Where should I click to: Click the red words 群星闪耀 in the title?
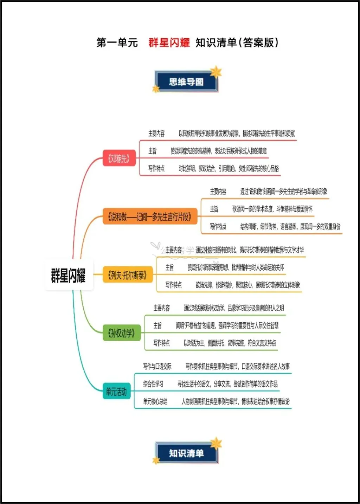(169, 43)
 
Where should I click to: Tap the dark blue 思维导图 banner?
(186, 82)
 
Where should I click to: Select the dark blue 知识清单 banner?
(186, 453)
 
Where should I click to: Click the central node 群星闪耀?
(69, 275)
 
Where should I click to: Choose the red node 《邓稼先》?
(119, 159)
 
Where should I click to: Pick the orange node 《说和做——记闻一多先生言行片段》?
(150, 217)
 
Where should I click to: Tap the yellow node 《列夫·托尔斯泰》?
(127, 275)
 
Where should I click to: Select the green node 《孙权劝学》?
(121, 333)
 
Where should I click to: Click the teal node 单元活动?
(116, 391)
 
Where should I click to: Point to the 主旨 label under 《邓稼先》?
(152, 151)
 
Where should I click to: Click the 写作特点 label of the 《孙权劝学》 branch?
(161, 343)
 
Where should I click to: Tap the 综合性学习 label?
(153, 384)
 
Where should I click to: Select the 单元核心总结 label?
(155, 401)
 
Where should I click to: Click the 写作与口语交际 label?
(157, 367)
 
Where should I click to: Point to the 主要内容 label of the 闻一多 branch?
(218, 192)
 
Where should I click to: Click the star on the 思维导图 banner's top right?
(216, 72)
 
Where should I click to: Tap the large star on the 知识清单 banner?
(216, 444)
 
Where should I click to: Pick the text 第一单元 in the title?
(117, 43)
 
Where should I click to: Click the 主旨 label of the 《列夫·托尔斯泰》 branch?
(169, 267)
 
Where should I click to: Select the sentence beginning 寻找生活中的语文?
(227, 384)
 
